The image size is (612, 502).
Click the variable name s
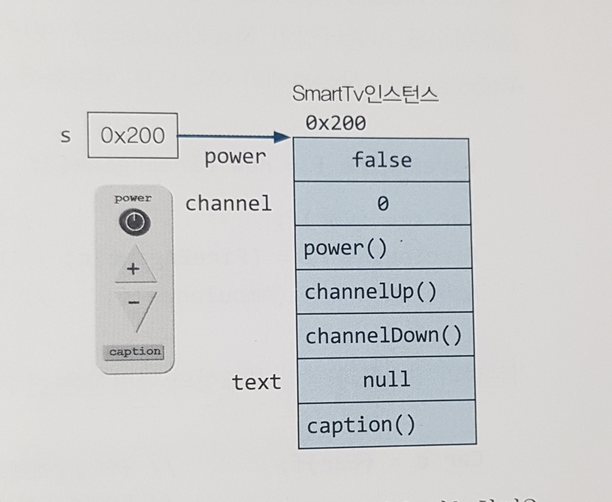pos(65,136)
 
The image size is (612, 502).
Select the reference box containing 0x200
pos(133,135)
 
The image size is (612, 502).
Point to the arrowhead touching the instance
pos(282,137)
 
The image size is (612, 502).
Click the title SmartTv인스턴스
pos(365,94)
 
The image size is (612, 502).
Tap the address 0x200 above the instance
pos(336,123)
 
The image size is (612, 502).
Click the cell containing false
pos(381,160)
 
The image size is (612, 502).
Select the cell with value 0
pos(382,204)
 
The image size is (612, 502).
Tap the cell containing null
pos(386,379)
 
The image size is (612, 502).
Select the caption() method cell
pos(387,425)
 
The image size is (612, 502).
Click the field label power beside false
pos(235,157)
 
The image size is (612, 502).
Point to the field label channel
pos(228,203)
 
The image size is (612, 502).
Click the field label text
pos(256,382)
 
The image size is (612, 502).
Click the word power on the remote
pos(133,198)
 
